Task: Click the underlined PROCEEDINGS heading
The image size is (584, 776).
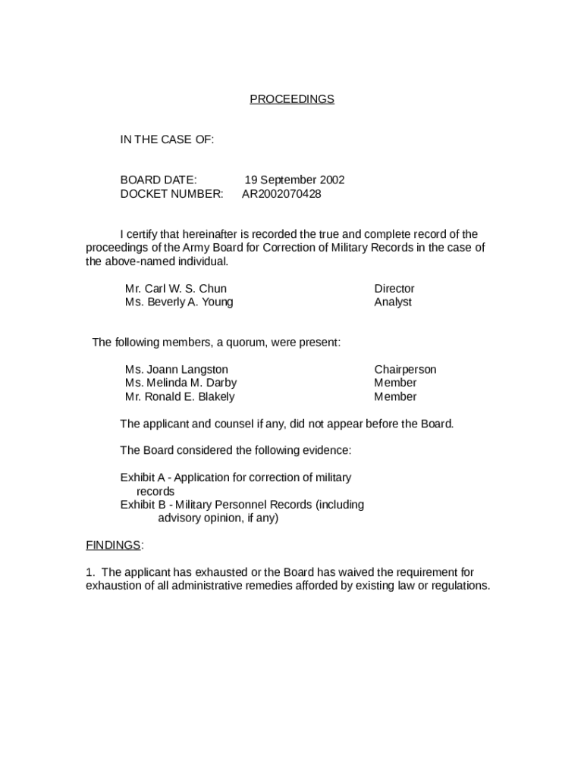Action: click(x=292, y=99)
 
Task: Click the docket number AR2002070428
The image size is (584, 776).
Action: click(x=281, y=194)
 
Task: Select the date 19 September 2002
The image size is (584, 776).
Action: click(x=294, y=180)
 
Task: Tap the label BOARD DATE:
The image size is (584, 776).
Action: click(x=159, y=180)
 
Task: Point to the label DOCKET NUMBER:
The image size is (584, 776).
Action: click(x=171, y=194)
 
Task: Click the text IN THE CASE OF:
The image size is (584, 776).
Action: click(x=167, y=139)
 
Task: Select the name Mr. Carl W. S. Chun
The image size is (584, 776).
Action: click(x=175, y=289)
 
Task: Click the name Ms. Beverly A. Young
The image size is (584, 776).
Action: click(x=179, y=302)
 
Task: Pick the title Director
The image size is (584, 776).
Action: click(x=394, y=289)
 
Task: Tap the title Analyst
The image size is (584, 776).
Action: click(x=393, y=302)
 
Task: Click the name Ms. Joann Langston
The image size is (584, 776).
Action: click(x=176, y=370)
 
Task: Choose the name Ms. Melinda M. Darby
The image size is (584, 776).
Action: click(x=181, y=383)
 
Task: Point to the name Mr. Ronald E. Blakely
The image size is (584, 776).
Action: click(x=180, y=397)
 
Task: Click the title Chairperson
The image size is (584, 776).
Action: click(x=405, y=370)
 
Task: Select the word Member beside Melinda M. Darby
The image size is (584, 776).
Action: click(x=395, y=383)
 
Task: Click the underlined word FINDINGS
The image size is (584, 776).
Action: click(x=113, y=546)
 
